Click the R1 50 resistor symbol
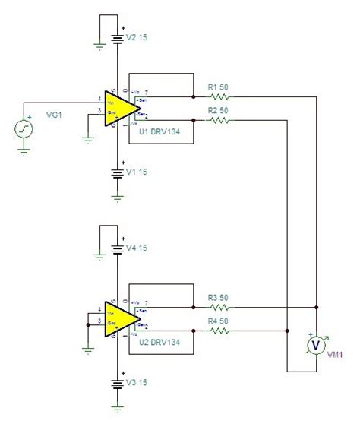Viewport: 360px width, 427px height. [219, 97]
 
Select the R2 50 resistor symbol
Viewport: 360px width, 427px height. [219, 119]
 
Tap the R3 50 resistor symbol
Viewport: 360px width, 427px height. [219, 308]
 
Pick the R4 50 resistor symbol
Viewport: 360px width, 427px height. [219, 330]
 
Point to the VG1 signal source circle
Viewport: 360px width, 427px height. [24, 129]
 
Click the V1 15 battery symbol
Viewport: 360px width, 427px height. [118, 172]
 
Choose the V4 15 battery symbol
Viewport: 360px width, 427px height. [118, 248]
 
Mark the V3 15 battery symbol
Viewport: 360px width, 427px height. [118, 384]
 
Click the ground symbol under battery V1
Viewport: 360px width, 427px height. [118, 196]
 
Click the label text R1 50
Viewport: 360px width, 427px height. [219, 87]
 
